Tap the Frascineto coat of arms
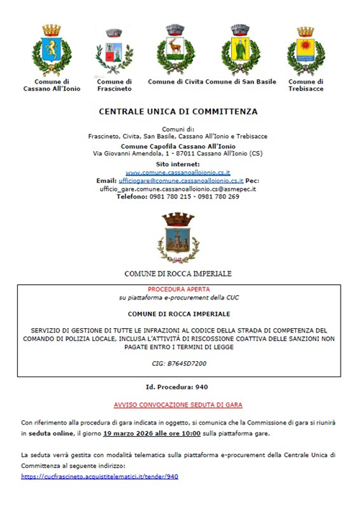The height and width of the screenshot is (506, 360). [114, 53]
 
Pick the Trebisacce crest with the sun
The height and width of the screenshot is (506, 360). [306, 50]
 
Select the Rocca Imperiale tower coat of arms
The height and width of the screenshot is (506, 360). [177, 237]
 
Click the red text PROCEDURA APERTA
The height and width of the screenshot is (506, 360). [177, 289]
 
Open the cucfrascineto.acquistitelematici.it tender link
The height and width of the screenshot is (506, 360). [99, 476]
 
